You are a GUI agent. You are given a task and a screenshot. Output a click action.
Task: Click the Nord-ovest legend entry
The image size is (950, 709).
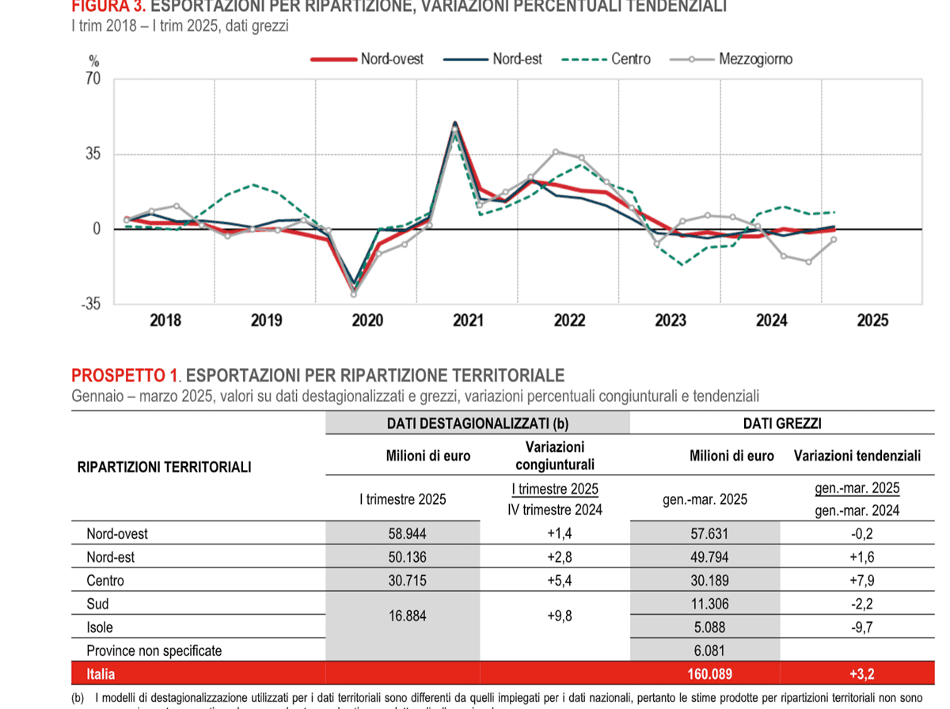click(x=391, y=59)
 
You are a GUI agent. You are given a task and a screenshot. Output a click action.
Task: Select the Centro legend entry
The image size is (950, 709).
click(x=630, y=59)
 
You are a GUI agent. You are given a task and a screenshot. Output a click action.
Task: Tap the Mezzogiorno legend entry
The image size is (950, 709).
click(x=755, y=59)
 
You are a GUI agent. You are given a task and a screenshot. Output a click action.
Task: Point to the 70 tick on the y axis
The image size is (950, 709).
click(x=93, y=79)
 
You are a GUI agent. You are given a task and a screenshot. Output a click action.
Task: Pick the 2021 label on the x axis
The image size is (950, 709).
click(x=468, y=320)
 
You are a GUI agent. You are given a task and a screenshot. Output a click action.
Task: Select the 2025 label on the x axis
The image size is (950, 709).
click(x=872, y=320)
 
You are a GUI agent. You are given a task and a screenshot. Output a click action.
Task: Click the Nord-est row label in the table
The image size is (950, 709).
click(x=111, y=557)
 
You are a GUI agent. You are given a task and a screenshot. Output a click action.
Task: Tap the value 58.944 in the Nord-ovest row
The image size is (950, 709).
click(x=404, y=534)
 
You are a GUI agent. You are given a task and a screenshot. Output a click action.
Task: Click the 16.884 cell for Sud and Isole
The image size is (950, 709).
click(x=404, y=616)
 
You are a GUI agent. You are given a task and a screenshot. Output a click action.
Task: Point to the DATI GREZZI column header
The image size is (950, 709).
click(x=782, y=424)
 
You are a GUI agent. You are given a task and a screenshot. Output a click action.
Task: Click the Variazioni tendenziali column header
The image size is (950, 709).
click(x=857, y=456)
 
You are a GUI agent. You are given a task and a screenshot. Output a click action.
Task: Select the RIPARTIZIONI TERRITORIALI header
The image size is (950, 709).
click(x=165, y=467)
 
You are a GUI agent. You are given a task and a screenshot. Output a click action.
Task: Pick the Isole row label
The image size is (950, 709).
click(x=100, y=627)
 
